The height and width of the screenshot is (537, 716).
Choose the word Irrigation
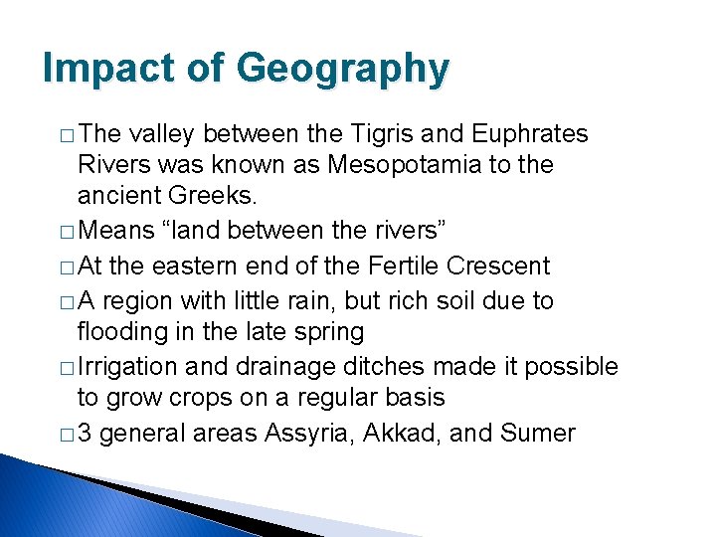coord(126,367)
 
